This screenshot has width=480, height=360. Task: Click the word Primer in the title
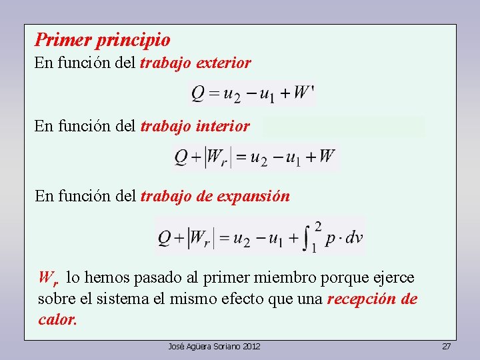coord(63,40)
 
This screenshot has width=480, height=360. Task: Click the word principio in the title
coord(133,41)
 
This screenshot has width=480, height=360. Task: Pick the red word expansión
coord(257,196)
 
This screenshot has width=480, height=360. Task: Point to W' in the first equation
coord(303,93)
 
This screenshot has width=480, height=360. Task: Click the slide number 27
coord(447,347)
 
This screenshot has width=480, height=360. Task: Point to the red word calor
coord(57,319)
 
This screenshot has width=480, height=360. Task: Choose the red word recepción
coord(362,299)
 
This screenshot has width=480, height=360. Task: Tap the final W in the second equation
coord(327,157)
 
